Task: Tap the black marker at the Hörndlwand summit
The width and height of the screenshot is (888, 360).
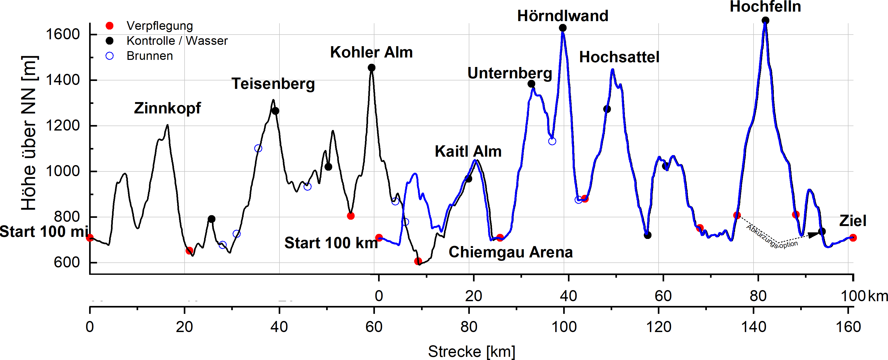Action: tap(563, 28)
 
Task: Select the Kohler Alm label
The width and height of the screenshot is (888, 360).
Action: tap(371, 52)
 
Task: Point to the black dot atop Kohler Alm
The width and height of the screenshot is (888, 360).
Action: tap(371, 68)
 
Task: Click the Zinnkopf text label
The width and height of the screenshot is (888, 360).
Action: tap(167, 108)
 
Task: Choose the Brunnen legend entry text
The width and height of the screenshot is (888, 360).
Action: tap(149, 56)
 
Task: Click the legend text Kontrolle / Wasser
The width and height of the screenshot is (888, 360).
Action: tap(177, 41)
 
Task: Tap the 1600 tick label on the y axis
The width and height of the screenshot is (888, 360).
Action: tap(63, 35)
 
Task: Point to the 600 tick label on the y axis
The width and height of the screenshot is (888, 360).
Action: tap(66, 262)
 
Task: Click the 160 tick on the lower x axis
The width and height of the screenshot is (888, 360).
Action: tap(848, 327)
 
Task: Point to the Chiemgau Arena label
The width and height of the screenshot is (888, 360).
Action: tap(510, 252)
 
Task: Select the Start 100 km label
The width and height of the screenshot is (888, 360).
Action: tap(331, 243)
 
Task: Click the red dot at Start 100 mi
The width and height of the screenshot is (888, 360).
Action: tap(90, 238)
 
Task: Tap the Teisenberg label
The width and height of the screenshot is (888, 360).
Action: tap(273, 84)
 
